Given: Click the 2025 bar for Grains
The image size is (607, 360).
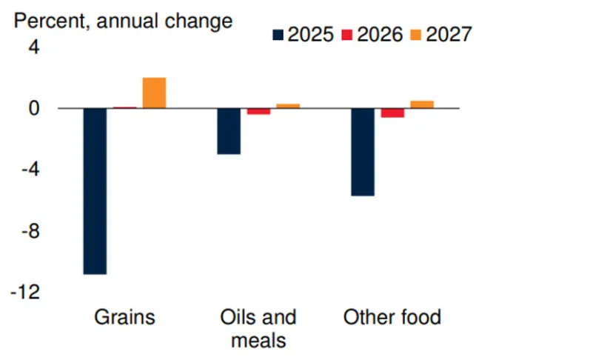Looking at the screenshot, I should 95,191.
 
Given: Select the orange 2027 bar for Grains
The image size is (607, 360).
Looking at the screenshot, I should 154,93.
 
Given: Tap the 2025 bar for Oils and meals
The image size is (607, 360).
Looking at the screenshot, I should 229,131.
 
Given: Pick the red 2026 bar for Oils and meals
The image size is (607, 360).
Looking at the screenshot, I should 258,111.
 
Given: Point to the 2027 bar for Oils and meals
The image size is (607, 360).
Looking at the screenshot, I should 288,106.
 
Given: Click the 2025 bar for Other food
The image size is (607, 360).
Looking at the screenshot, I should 363,152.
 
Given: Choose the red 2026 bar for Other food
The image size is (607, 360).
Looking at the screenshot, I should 392,113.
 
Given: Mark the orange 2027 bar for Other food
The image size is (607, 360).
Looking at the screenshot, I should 422,104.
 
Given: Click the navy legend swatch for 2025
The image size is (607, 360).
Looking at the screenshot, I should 278,34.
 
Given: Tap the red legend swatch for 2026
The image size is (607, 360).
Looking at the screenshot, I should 347,34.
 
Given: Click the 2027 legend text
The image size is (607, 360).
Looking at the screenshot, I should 449,34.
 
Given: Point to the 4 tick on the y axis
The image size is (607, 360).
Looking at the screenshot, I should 34,47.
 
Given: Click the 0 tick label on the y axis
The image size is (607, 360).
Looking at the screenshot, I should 34,108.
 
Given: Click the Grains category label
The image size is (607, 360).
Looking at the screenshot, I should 124,318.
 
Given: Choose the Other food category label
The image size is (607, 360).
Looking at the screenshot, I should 392,318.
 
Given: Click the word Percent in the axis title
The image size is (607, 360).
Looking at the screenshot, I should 47,20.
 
